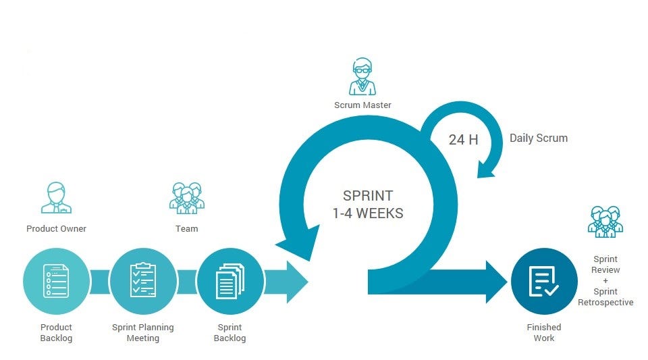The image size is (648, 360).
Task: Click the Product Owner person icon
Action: [x=56, y=198]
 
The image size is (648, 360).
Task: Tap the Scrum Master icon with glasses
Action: [x=362, y=78]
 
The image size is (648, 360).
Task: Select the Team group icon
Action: [x=186, y=198]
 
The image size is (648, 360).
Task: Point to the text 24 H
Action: [x=463, y=140]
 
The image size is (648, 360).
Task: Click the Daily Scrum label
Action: [x=538, y=138]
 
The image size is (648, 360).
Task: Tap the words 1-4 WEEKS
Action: [x=367, y=213]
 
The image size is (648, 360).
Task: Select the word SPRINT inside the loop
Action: [x=367, y=197]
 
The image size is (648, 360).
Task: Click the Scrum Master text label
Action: [x=362, y=105]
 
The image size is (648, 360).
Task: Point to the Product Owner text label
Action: [x=56, y=229]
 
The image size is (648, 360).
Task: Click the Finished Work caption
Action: [x=543, y=332]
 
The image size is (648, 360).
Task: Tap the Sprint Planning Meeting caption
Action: [x=142, y=332]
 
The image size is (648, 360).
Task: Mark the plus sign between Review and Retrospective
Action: [x=605, y=280]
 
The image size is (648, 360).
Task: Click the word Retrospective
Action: [x=605, y=303]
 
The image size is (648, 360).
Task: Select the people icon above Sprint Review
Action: [x=605, y=221]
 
